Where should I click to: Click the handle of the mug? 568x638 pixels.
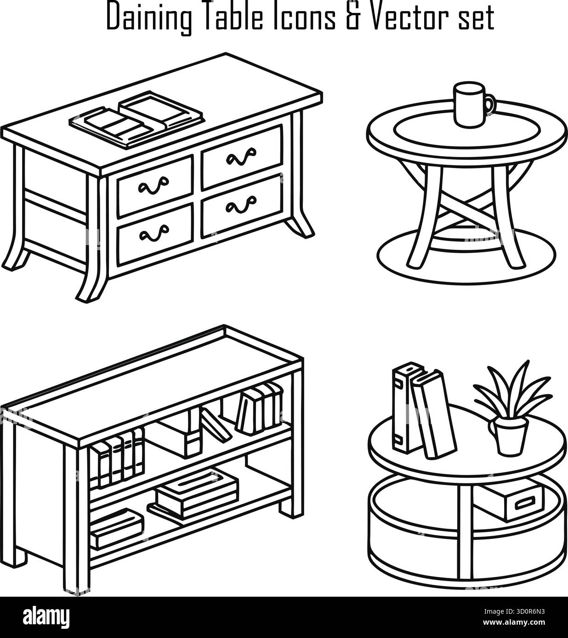(x=491, y=104)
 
